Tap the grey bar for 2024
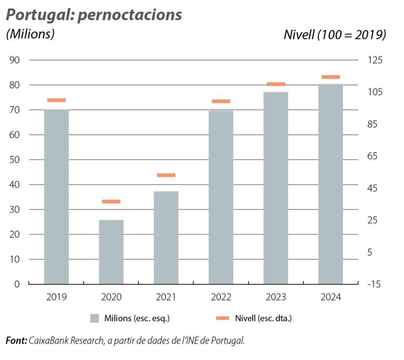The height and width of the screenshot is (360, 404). (330, 184)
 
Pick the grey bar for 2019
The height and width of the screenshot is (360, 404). (57, 196)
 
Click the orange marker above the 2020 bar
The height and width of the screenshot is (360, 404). (111, 201)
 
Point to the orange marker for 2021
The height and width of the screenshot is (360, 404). (166, 175)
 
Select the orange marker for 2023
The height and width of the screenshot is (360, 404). (276, 84)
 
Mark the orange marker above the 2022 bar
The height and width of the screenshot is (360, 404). (221, 101)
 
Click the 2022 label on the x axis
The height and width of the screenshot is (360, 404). (221, 298)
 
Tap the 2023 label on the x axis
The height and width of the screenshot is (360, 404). (276, 298)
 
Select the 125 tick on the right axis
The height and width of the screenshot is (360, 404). (373, 60)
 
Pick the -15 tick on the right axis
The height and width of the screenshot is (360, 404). (373, 284)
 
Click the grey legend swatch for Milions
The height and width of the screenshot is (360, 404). (94, 318)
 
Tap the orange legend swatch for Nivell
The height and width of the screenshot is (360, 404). (223, 318)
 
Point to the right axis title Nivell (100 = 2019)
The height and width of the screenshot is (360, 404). (334, 35)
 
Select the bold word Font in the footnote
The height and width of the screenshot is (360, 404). (16, 341)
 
